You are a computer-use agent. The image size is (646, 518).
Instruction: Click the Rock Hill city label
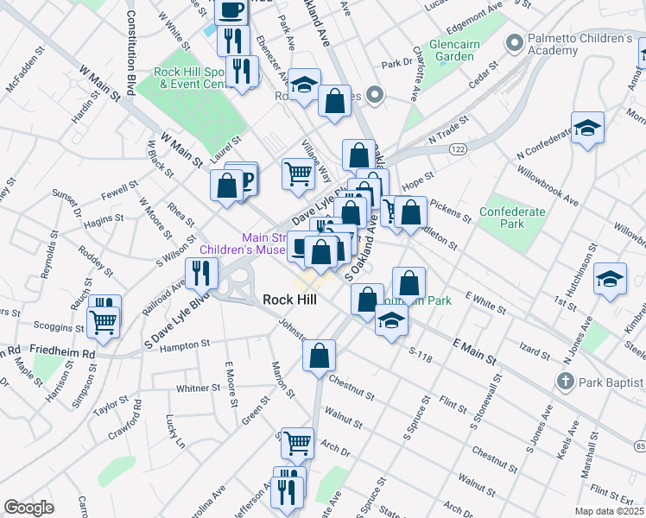[x=289, y=300]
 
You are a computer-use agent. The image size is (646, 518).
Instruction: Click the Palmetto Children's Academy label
[x=580, y=45]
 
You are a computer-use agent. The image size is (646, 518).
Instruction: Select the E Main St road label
[x=474, y=351]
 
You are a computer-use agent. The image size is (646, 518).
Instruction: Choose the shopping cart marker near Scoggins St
[x=104, y=321]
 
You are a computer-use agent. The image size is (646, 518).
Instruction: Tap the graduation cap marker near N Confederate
[x=587, y=130]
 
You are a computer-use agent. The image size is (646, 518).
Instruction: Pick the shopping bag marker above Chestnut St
[x=320, y=355]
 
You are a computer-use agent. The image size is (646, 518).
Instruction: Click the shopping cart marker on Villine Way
[x=299, y=173]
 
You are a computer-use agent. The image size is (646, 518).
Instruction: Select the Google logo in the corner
[x=28, y=508]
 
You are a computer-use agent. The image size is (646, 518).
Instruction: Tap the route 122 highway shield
[x=457, y=149]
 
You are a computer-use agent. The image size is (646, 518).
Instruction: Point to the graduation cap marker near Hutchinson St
[x=611, y=279]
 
